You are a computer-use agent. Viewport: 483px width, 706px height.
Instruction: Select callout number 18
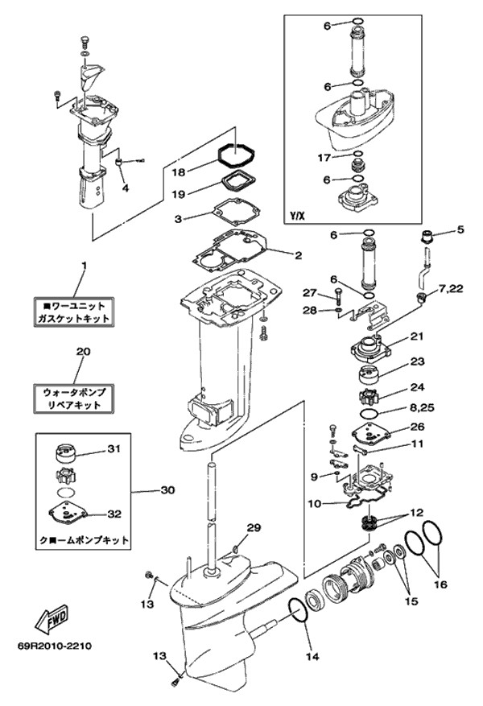(179, 172)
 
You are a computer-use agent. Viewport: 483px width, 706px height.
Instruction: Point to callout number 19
(179, 194)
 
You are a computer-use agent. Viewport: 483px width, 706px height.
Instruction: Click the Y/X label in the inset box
(298, 217)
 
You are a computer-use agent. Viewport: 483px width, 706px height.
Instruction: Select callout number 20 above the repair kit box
(81, 352)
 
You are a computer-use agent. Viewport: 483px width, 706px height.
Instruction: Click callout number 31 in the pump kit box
(114, 449)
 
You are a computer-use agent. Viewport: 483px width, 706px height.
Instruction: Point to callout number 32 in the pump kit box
(114, 514)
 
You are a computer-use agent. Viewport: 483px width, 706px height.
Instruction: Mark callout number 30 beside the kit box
(167, 490)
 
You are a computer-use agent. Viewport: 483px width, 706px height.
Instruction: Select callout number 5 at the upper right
(460, 229)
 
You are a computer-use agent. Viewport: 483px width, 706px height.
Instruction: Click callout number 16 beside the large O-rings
(440, 582)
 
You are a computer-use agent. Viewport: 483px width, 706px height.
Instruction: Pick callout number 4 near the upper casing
(125, 188)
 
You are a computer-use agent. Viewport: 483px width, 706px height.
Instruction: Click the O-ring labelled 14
(296, 612)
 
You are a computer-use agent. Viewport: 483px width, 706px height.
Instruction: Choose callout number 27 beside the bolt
(310, 292)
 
